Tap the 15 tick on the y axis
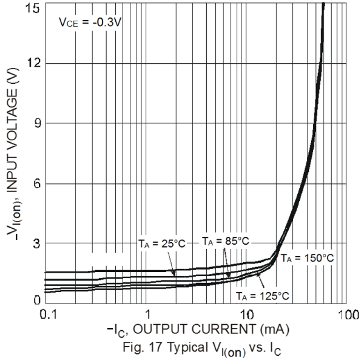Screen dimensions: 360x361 (x=34, y=8)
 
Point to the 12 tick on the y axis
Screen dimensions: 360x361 (x=34, y=64)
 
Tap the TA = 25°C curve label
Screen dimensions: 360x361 (x=161, y=244)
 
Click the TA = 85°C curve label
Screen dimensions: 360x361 (x=225, y=240)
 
